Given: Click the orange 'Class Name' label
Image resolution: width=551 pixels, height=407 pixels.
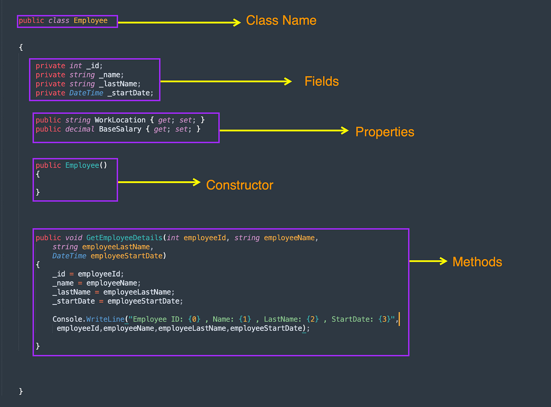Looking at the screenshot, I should (281, 20).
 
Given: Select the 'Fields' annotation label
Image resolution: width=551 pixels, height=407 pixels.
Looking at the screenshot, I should (322, 81).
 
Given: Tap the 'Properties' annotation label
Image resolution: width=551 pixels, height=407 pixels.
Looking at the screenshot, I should (385, 132).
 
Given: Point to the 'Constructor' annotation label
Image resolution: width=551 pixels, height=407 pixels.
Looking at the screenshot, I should (239, 185).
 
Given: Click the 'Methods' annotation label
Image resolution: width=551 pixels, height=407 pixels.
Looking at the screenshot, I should (477, 262).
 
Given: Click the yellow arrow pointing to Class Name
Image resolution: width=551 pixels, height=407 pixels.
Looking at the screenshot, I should (179, 22).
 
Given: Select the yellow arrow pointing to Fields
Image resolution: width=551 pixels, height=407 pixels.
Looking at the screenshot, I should (226, 81).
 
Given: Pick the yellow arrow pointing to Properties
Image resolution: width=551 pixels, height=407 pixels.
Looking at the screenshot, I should (284, 130).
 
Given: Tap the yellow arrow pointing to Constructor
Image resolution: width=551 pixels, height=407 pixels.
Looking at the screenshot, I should (159, 182).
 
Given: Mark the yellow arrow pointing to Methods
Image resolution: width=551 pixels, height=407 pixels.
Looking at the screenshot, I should (428, 261).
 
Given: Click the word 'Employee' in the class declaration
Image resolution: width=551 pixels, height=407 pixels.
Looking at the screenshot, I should (91, 20).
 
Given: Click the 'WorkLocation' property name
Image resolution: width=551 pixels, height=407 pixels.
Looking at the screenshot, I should (120, 120).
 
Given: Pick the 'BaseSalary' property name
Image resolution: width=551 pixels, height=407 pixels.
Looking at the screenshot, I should (120, 129).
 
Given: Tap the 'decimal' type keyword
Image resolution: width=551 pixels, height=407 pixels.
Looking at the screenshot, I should (80, 129).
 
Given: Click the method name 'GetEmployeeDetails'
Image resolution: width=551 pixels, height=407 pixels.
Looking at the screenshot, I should (124, 238).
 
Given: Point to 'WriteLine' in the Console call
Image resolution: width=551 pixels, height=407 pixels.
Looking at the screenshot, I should (105, 319).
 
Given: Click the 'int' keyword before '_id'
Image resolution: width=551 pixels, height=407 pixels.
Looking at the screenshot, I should (76, 66).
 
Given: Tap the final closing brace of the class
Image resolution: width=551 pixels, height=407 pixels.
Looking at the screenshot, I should (21, 391).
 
